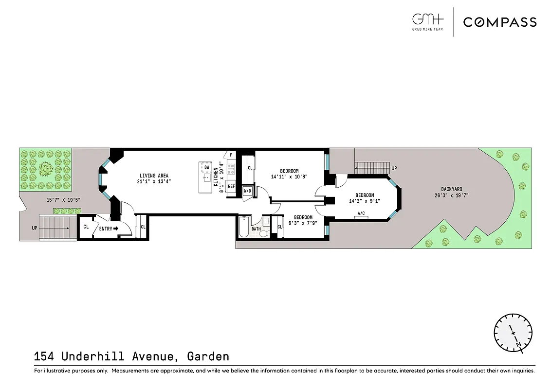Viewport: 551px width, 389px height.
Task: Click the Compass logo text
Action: point(499,22)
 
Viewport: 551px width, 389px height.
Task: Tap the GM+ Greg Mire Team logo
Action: point(428,22)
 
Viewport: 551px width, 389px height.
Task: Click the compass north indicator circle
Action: point(513,333)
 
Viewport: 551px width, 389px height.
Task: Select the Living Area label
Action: point(154,178)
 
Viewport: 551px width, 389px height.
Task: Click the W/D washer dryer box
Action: point(247,190)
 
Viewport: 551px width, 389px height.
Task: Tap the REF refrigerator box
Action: point(231,186)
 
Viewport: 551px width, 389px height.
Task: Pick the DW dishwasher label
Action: point(207,168)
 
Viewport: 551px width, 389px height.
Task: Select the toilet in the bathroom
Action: point(264,232)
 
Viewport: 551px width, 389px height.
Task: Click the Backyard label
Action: point(452,193)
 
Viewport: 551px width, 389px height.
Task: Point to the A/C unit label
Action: point(361,213)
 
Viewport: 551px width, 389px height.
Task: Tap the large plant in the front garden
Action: point(46,169)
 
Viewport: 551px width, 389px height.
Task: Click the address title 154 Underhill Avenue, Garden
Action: point(131,356)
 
